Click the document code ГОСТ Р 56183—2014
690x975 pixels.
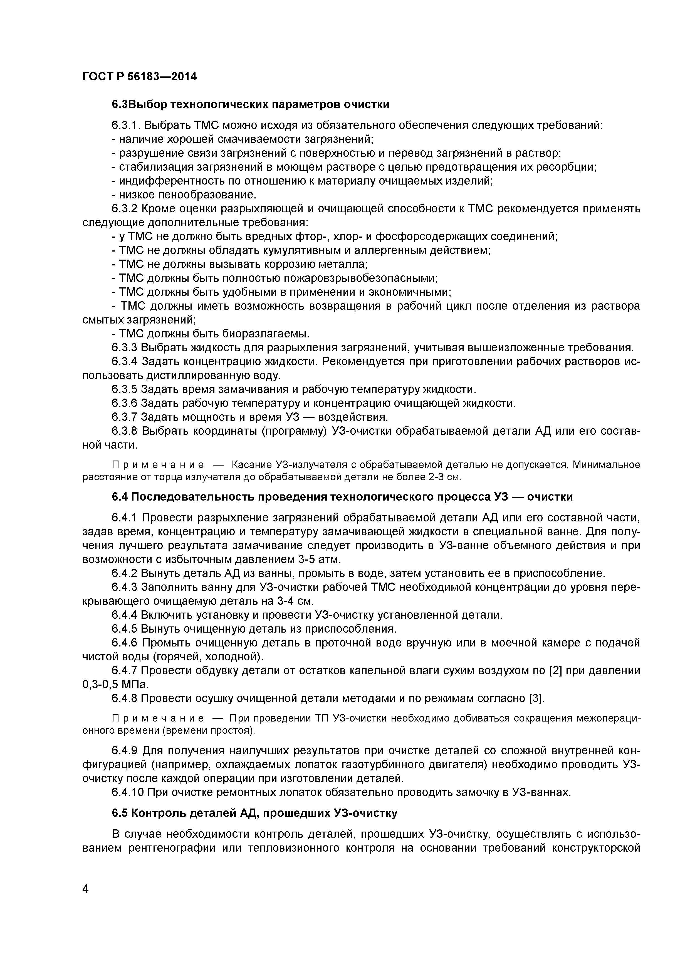[x=139, y=77]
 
